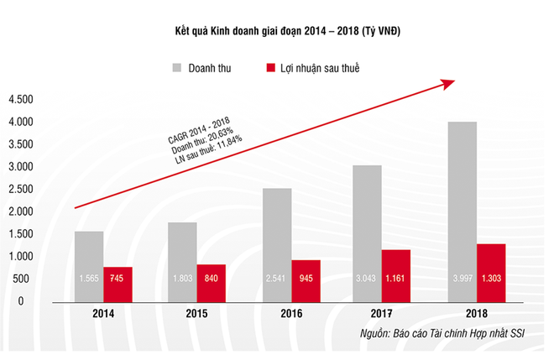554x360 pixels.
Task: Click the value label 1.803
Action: (x=181, y=279)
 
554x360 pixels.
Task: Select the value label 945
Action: (x=306, y=279)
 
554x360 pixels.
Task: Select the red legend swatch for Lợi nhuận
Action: (x=270, y=66)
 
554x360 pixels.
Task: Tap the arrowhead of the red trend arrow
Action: (x=449, y=82)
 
